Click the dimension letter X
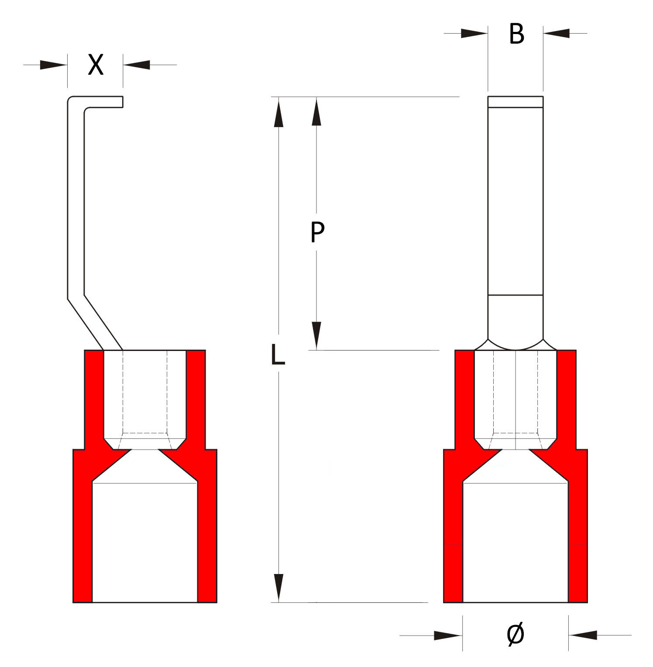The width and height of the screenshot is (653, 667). click(x=96, y=65)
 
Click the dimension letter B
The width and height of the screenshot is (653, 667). click(x=516, y=34)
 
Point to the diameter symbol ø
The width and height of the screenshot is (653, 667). click(x=516, y=635)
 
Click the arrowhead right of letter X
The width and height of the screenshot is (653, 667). click(x=137, y=65)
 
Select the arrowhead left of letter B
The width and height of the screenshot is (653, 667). click(x=474, y=33)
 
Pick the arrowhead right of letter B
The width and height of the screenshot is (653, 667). click(x=557, y=33)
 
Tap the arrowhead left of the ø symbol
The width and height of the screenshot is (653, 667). click(x=448, y=635)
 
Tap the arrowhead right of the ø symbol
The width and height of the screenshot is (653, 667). click(x=583, y=635)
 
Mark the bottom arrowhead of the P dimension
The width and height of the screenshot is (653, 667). click(x=317, y=336)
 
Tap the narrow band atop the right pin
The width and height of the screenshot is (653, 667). click(x=516, y=102)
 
